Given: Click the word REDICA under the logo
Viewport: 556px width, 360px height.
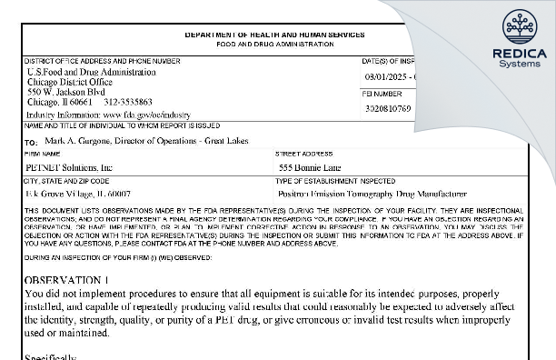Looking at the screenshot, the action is [519, 54].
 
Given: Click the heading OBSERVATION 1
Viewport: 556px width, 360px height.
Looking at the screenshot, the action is [67, 280].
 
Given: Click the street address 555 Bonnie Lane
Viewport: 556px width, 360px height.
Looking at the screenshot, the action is [311, 168].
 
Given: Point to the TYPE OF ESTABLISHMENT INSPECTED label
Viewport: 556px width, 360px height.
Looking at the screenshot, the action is [331, 182].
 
